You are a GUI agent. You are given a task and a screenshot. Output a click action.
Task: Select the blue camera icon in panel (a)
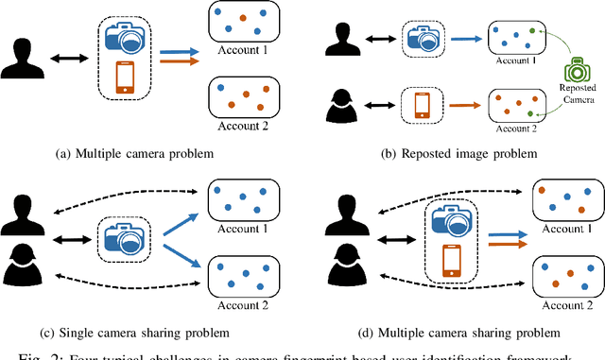click(x=127, y=37)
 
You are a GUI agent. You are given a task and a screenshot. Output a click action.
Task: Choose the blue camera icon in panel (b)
click(x=420, y=38)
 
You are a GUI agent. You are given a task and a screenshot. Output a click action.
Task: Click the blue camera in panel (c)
click(x=127, y=232)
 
